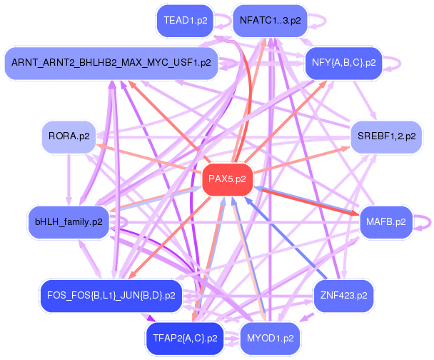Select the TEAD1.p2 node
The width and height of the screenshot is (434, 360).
[x=186, y=21]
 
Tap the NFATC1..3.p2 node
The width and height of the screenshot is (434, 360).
[x=270, y=21]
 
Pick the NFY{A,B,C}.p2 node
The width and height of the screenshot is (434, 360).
[x=344, y=63]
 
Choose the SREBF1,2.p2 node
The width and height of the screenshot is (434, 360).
[x=385, y=136]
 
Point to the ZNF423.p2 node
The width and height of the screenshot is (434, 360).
[x=343, y=294]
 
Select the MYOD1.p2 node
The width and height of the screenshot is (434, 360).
[x=270, y=336]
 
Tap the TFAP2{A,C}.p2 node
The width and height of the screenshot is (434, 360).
[x=185, y=336]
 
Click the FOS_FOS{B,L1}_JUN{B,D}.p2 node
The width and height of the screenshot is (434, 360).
[x=111, y=294]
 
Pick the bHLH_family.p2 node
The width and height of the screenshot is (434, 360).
[x=68, y=221]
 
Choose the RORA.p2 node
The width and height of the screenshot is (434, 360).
[x=69, y=136]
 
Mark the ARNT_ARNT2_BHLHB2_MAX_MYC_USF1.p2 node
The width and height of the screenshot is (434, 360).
[x=111, y=63]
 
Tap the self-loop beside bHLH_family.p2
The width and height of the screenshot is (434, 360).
[x=121, y=222]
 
